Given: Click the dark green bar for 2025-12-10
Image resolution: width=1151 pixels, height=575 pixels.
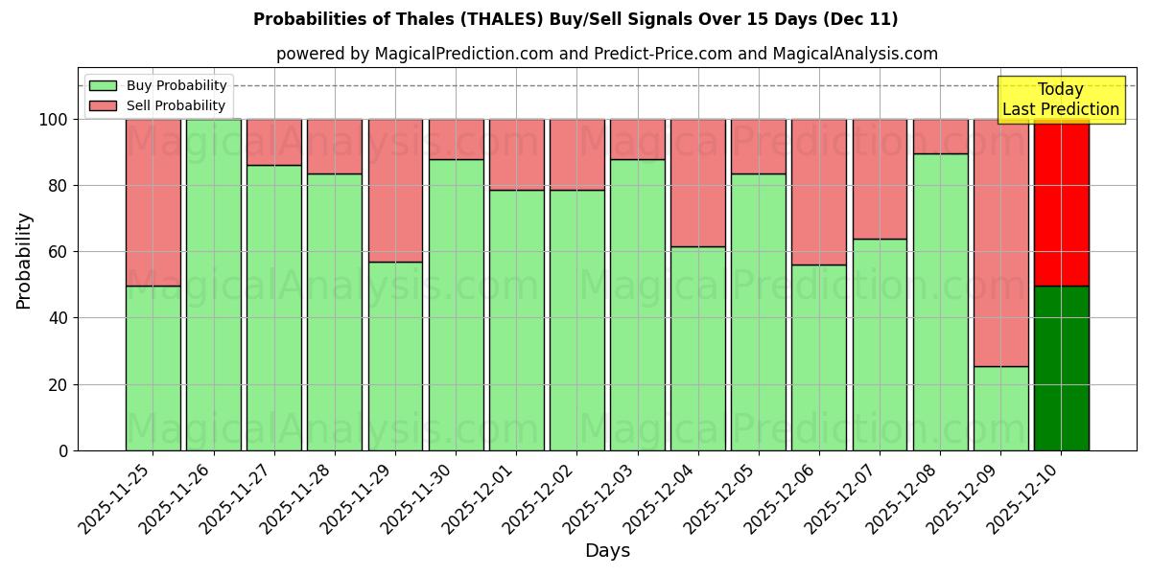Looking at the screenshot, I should tap(1061, 368).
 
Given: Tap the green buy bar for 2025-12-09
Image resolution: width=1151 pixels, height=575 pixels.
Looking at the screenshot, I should tap(1000, 408).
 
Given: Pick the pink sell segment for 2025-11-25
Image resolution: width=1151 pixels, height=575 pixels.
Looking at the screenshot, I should tap(153, 202).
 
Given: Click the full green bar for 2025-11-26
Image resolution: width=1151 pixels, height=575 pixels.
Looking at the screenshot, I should tap(213, 285).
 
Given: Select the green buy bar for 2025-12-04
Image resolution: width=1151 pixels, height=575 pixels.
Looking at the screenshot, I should tap(697, 349).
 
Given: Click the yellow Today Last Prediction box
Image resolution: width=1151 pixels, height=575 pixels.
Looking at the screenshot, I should tap(1060, 100).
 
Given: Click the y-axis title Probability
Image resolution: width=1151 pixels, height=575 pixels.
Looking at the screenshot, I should tap(24, 260).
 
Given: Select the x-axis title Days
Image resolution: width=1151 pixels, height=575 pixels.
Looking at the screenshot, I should tap(607, 551).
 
